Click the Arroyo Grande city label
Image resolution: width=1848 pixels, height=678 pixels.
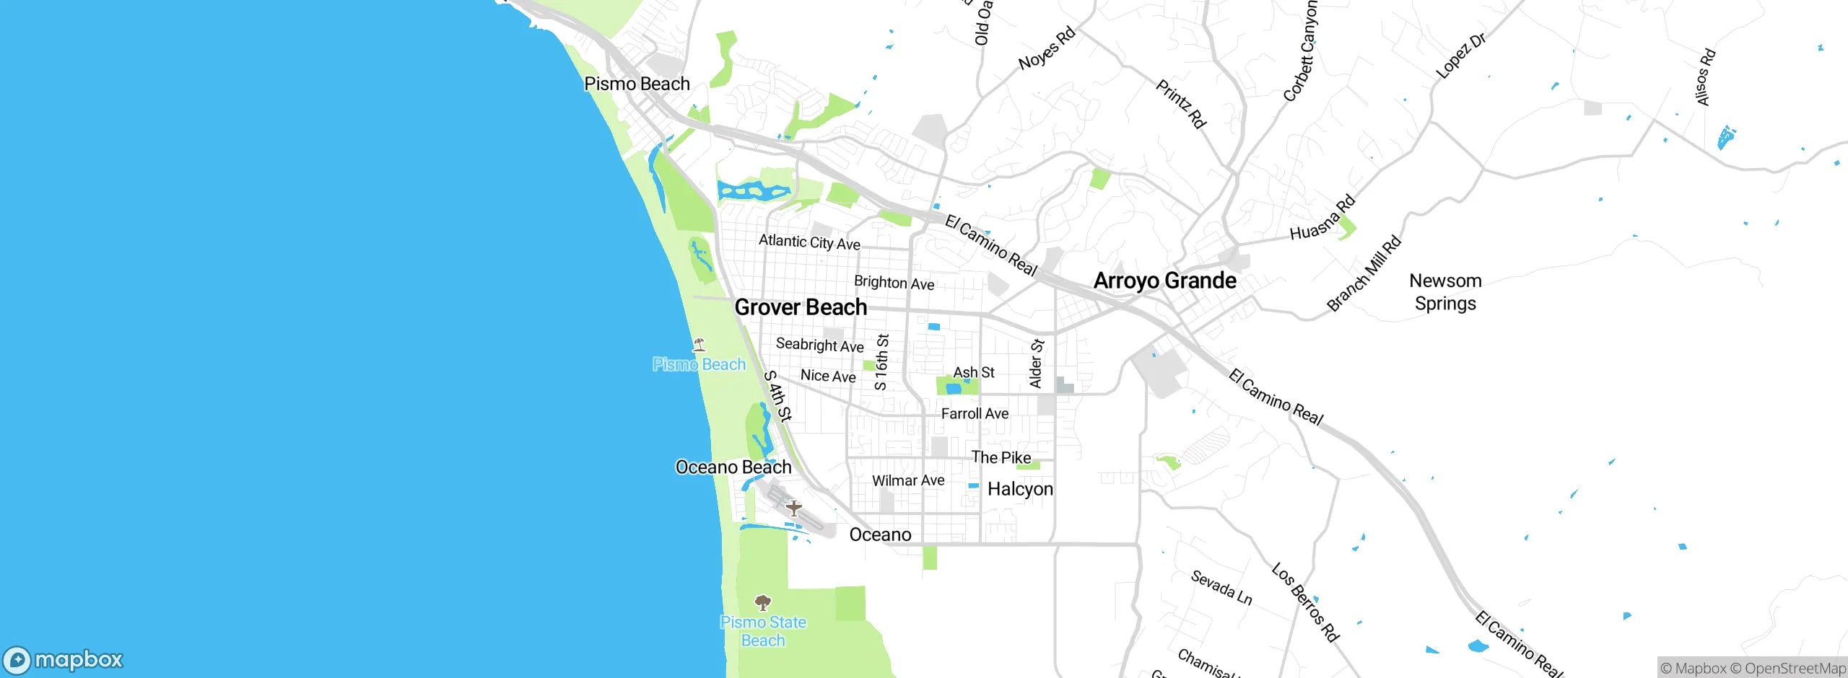(1164, 281)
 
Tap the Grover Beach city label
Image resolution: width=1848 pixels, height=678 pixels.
(801, 307)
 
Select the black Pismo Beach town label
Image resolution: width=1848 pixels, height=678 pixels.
(637, 84)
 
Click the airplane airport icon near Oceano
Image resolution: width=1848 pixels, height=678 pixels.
(793, 508)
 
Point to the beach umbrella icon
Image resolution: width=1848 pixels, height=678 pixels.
(698, 344)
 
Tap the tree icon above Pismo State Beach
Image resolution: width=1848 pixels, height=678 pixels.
(763, 602)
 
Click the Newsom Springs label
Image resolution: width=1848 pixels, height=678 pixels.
(1445, 291)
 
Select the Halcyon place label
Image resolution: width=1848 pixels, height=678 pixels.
(1020, 489)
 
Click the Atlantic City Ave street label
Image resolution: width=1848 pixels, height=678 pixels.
(809, 242)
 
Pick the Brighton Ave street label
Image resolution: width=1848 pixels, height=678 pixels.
(894, 283)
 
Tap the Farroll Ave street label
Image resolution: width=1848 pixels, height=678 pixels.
(975, 413)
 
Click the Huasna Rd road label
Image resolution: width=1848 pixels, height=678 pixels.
(1322, 218)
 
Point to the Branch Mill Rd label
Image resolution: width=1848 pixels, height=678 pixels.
(1364, 273)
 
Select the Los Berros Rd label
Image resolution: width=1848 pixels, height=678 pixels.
(1305, 602)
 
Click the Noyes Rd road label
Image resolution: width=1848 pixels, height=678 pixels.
(1047, 48)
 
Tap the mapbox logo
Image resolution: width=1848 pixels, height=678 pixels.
(64, 659)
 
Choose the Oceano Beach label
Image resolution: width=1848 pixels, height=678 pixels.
(733, 467)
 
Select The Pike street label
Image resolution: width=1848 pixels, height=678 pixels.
(1001, 457)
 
